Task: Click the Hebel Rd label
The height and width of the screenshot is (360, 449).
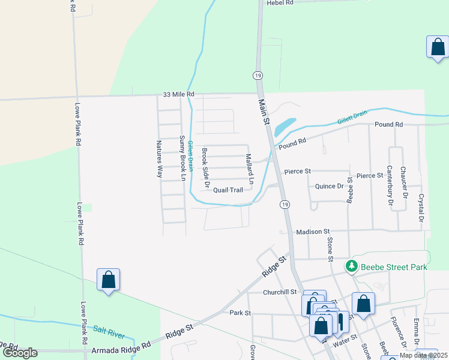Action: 280,3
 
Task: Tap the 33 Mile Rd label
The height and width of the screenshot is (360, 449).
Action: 179,94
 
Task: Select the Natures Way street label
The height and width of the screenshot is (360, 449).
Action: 160,159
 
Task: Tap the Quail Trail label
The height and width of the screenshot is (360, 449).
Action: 228,190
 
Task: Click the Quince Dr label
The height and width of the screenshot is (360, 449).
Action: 329,187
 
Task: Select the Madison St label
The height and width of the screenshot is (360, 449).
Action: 313,231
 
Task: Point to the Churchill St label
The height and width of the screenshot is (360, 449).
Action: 280,292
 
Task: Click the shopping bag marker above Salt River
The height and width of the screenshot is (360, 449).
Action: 109,280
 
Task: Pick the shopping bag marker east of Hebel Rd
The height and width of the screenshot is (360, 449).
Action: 438,47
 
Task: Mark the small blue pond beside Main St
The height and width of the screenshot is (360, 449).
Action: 285,126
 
